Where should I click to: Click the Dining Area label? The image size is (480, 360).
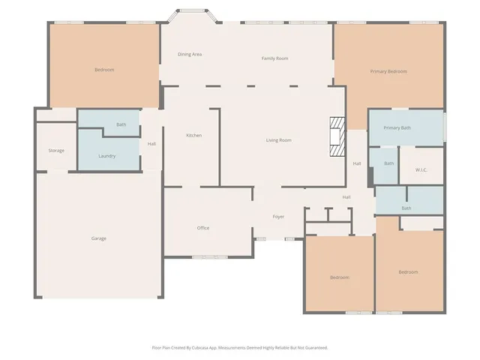tap(189, 54)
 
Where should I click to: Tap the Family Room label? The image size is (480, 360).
tap(274, 58)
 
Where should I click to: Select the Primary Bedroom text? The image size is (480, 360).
tap(388, 71)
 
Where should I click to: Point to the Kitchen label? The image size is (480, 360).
tap(193, 135)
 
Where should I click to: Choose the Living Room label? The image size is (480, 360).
tap(278, 140)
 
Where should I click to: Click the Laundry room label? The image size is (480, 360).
tap(106, 156)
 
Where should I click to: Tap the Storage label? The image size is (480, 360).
tap(56, 151)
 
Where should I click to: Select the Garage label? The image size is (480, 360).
tap(98, 238)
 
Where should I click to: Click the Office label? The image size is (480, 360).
tap(202, 228)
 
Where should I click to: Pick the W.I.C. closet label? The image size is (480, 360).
tap(421, 169)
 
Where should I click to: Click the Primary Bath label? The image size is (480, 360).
tap(397, 127)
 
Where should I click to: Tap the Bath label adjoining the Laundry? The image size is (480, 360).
tap(121, 124)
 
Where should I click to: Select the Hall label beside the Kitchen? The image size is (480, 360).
tap(151, 144)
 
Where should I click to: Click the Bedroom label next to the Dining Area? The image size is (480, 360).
tap(103, 70)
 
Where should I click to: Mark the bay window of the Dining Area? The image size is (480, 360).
tap(188, 11)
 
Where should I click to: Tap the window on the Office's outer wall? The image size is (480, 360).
tap(209, 257)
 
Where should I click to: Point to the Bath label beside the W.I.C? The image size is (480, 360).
tap(388, 163)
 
